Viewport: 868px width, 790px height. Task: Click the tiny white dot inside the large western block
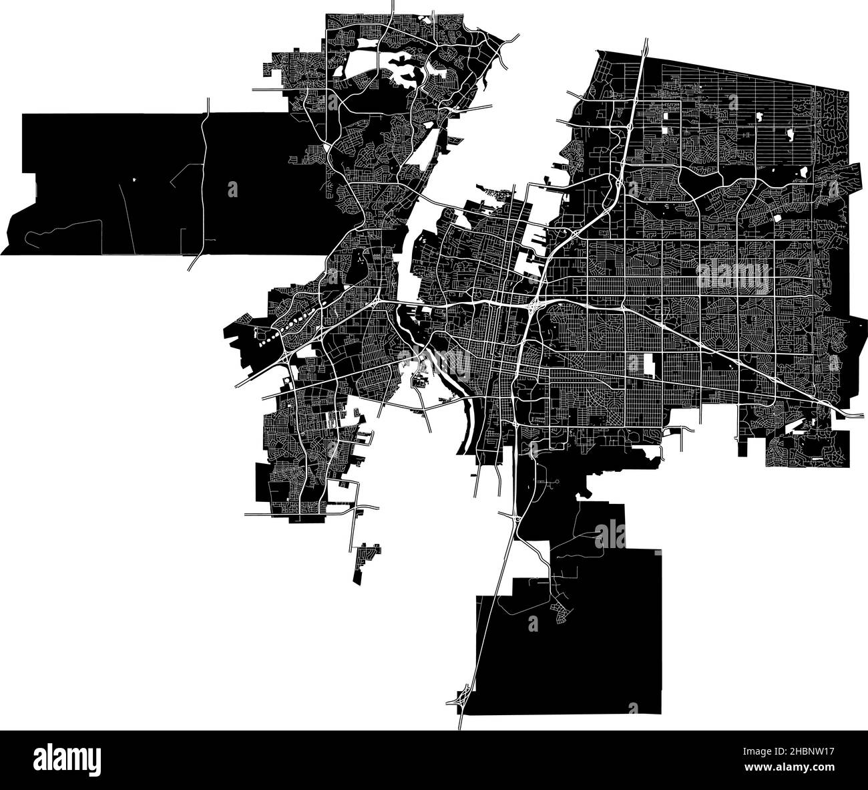tap(134, 179)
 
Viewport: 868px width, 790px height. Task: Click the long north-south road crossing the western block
tap(204, 180)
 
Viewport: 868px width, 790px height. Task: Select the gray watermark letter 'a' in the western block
tap(232, 189)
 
